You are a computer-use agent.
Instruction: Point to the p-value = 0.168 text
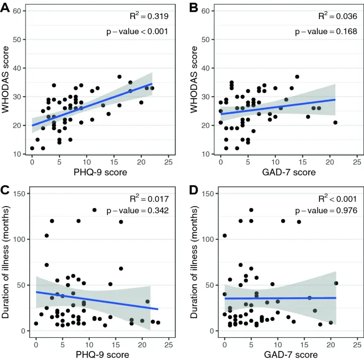[x=326, y=31]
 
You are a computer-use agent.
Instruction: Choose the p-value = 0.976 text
[x=326, y=211]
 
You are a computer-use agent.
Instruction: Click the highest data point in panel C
[x=95, y=210]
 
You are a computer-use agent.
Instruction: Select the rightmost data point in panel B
[x=335, y=122]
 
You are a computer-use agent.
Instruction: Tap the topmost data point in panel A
[x=120, y=76]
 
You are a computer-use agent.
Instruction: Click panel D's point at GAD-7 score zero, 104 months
[x=224, y=236]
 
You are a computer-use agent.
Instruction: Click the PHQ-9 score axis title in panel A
[x=100, y=173]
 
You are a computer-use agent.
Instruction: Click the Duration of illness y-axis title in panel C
[x=6, y=262]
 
